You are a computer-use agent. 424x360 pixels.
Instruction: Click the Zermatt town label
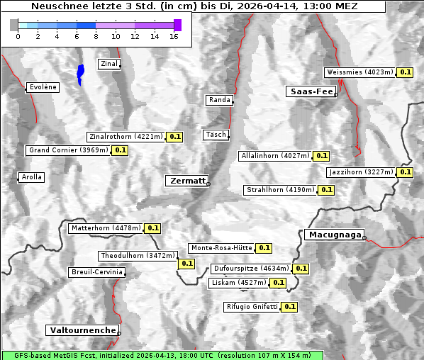(187, 181)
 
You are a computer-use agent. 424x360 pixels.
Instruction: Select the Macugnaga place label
(333, 235)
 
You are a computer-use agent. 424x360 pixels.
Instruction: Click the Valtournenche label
(82, 330)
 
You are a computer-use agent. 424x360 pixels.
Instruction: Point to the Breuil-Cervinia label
(96, 272)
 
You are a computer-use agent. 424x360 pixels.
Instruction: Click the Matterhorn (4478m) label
(106, 228)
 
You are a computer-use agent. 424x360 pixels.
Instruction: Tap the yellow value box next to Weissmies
(406, 72)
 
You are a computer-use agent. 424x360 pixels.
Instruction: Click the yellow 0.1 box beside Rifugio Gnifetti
(289, 307)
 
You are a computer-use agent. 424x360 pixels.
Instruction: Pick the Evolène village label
(43, 87)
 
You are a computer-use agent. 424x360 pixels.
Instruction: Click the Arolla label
(32, 177)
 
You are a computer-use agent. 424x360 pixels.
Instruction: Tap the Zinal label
(109, 64)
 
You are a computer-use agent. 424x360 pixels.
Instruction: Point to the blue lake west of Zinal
(80, 74)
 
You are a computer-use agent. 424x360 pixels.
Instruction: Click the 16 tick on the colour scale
(174, 36)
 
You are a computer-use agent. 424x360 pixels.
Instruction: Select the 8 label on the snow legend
(96, 36)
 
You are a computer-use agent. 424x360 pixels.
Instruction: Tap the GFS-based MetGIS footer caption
(162, 355)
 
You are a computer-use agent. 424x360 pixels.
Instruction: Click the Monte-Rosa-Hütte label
(221, 248)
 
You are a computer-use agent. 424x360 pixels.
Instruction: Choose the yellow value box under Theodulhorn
(186, 264)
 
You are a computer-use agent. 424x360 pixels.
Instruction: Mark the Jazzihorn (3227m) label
(361, 172)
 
